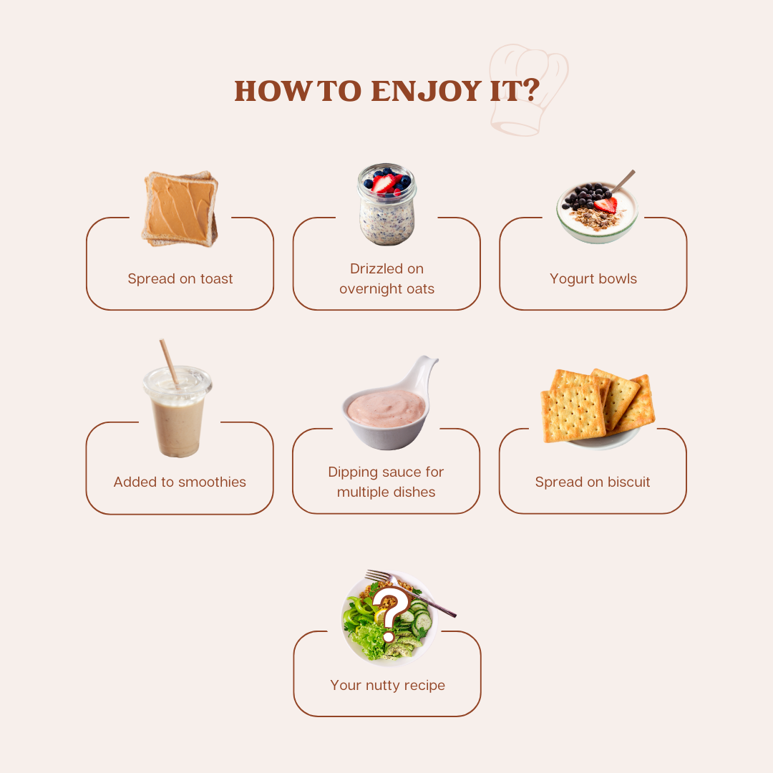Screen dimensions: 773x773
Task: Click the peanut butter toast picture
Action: point(180,208)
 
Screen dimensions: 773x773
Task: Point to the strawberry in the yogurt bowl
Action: point(606,205)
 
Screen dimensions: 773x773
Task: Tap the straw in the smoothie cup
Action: point(169,362)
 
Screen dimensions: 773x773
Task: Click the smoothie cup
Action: point(178,415)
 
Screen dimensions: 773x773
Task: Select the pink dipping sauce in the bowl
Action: point(386,408)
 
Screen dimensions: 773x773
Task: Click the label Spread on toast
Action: point(180,279)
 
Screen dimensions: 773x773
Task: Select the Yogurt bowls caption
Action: point(593,279)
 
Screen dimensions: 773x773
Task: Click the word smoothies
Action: point(212,482)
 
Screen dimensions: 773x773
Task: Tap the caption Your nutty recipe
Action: point(387,686)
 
